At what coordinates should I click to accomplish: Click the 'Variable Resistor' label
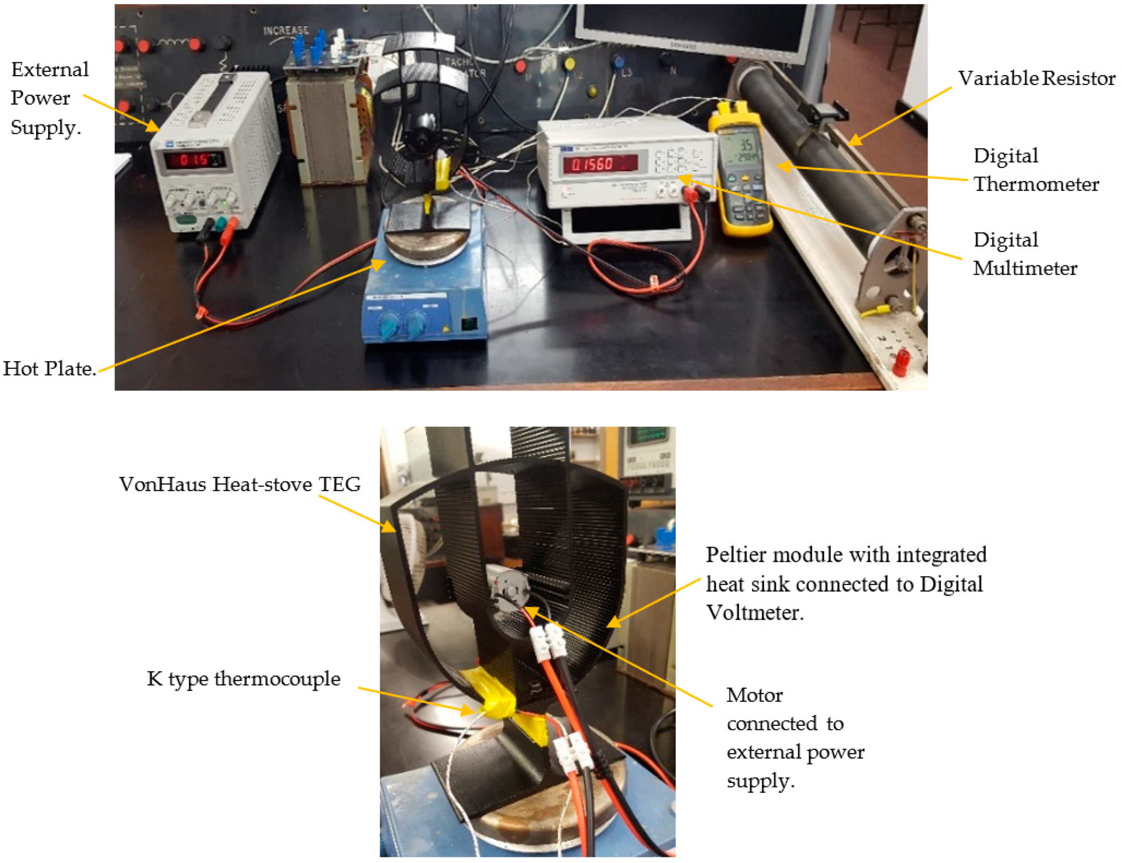pos(1036,79)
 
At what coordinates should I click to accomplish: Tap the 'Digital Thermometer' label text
pos(1036,170)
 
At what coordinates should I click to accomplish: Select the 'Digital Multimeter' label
pos(1025,254)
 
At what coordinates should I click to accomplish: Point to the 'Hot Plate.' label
pos(50,368)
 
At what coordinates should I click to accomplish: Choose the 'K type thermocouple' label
pos(244,679)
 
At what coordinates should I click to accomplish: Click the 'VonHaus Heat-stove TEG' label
pos(240,485)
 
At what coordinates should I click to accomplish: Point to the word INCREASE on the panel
pos(285,31)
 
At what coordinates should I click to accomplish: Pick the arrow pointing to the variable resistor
pos(902,116)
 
